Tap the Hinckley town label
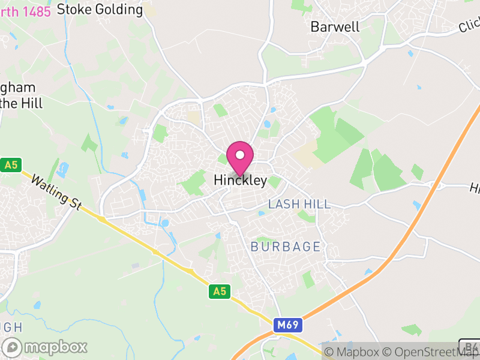pos(240,181)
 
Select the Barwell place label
pos(335,27)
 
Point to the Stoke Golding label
pos(100,10)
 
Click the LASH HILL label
pos(299,204)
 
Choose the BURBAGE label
pos(286,247)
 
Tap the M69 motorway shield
pos(288,325)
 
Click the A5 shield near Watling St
pos(10,164)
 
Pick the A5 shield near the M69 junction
pos(220,292)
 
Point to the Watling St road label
pos(56,192)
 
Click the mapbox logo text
pos(56,347)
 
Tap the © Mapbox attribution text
pos(353,352)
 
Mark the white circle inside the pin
pos(240,155)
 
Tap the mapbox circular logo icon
pos(13,347)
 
